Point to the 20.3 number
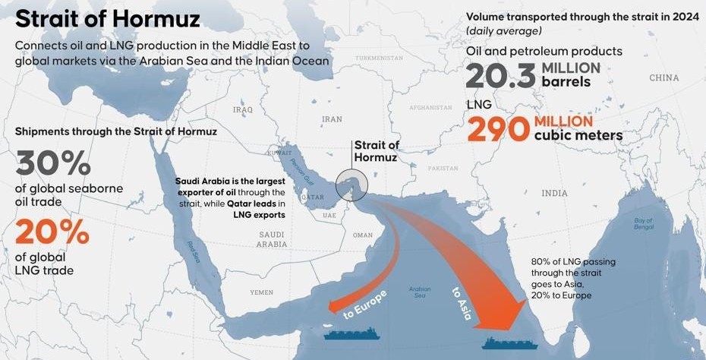[500, 76]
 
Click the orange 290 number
[496, 128]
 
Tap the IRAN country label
[332, 119]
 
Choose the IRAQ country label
[243, 109]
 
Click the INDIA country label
[554, 194]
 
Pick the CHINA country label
[663, 78]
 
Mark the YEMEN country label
[262, 292]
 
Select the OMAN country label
[363, 235]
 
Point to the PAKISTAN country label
[443, 168]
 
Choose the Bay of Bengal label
[644, 224]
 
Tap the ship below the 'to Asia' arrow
[510, 343]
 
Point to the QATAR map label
[312, 197]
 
